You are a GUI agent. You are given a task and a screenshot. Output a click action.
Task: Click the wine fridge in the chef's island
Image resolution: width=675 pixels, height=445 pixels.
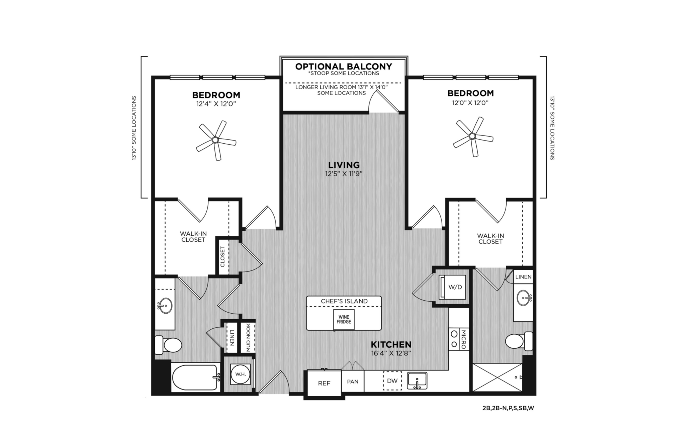(x=344, y=320)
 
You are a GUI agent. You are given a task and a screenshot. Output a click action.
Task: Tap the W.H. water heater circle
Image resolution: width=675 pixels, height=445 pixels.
(x=240, y=374)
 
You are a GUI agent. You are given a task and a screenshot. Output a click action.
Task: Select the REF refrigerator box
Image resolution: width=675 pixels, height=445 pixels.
(x=324, y=383)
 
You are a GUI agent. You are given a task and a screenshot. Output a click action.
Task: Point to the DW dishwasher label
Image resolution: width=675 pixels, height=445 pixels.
(x=392, y=381)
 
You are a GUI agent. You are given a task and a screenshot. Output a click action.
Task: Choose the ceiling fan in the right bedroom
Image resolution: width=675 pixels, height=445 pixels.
(x=472, y=136)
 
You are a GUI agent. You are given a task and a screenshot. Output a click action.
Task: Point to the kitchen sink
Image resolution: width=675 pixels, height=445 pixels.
(x=417, y=381)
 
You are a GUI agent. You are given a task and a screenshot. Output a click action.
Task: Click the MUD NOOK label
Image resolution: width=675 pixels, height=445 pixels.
(x=249, y=338)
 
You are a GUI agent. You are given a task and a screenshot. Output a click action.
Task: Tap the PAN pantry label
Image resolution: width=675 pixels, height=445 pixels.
(x=353, y=381)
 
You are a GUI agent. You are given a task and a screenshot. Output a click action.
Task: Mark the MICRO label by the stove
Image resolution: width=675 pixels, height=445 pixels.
(x=463, y=339)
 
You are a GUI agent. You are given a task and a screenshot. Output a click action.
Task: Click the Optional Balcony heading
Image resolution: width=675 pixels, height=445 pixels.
(x=343, y=66)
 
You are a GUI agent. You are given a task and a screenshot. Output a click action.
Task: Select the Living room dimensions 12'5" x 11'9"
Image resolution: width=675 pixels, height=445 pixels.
(x=343, y=174)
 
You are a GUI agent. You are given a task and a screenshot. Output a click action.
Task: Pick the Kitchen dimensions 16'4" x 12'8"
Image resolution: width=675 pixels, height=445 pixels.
(x=391, y=353)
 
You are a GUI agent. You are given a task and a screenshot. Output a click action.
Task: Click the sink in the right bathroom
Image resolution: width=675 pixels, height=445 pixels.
(x=524, y=298)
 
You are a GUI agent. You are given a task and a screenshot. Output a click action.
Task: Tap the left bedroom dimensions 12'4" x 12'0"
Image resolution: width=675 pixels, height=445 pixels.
(x=216, y=104)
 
